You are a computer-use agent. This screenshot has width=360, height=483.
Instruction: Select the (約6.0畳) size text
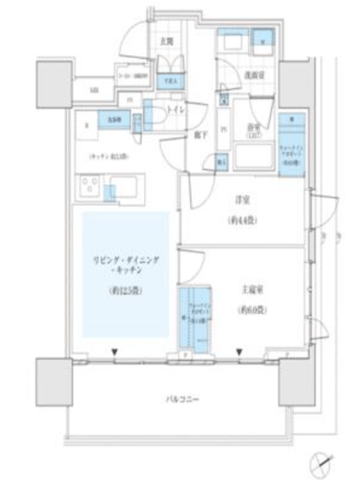click(x=249, y=309)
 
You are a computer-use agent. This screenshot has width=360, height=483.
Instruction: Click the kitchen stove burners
click(x=89, y=186)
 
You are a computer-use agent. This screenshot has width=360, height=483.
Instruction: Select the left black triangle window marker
click(x=115, y=350)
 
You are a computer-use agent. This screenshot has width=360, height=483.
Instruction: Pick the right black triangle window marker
click(x=238, y=350)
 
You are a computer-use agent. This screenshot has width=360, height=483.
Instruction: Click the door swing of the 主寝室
click(x=190, y=264)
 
